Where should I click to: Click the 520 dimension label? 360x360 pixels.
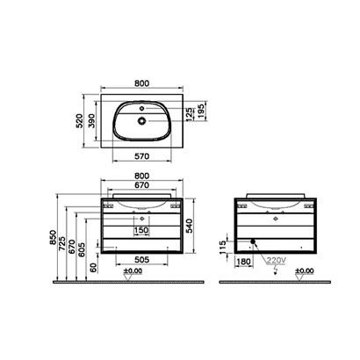[79, 121]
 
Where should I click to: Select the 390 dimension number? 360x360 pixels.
[92, 121]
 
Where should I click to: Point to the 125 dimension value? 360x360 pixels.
[190, 114]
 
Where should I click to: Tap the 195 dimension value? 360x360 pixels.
[201, 112]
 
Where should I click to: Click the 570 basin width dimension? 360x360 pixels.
[141, 156]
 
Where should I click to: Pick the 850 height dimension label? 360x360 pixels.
[53, 237]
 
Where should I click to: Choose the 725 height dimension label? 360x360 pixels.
[62, 243]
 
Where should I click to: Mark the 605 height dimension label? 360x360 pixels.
[82, 249]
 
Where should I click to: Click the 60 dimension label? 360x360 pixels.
[93, 268]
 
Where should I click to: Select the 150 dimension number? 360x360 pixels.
[141, 231]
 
